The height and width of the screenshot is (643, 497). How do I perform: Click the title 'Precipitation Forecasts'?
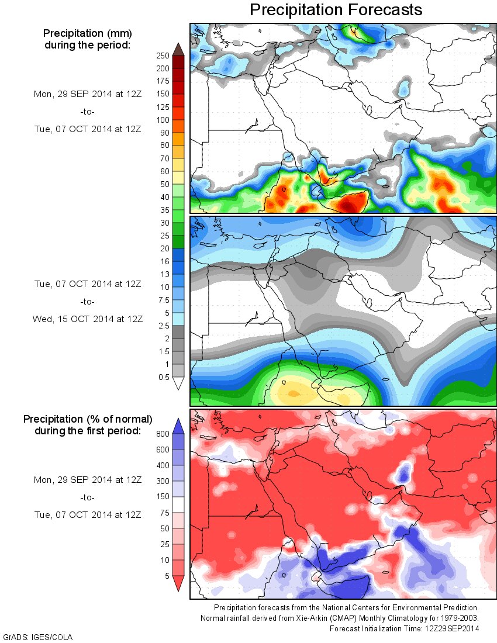tap(336, 10)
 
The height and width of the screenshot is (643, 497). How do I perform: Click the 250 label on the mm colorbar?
tap(162, 56)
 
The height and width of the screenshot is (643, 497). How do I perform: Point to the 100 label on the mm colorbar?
tap(162, 120)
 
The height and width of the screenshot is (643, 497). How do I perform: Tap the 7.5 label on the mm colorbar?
tap(162, 300)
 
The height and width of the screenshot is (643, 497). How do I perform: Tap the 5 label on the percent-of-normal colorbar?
tap(167, 576)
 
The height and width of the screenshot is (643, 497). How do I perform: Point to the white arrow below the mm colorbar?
tap(178, 383)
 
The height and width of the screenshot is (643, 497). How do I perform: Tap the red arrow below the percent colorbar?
tap(178, 583)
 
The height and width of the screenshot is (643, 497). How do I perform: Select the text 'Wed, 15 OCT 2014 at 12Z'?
tap(87, 319)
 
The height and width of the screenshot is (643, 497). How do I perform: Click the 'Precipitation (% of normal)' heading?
tap(88, 419)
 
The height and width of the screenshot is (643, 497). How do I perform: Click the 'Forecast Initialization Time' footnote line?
tap(404, 628)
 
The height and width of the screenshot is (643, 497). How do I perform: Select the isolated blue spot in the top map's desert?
tap(403, 88)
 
